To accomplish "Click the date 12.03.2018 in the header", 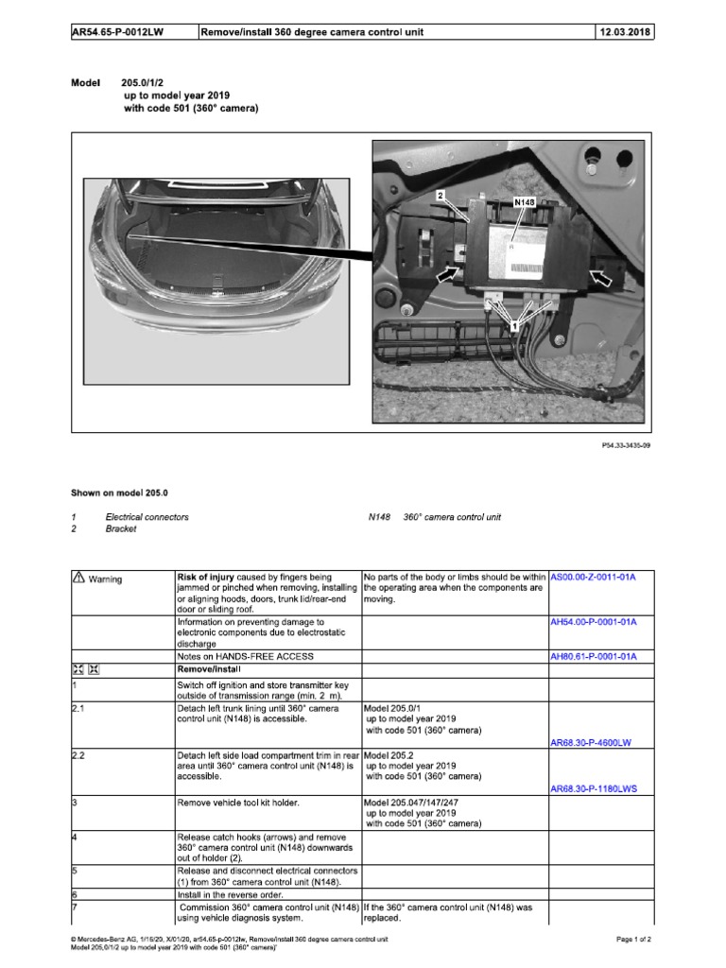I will coord(624,32).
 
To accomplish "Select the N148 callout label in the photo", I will coord(525,202).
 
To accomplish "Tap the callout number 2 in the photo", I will coord(441,195).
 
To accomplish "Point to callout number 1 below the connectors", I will coord(514,324).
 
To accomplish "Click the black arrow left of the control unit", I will coord(449,275).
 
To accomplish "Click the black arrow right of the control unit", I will coord(598,276).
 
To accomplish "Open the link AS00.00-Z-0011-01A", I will coord(594,577).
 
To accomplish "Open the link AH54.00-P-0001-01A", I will coord(594,622).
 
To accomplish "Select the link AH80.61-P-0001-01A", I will coord(594,656).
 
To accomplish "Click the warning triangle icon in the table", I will coord(78,578).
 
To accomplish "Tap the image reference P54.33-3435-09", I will coord(626,443).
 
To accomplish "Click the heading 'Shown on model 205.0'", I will coord(119,493).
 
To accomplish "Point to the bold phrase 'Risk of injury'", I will coord(207,577).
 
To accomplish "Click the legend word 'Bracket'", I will coord(121,529).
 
